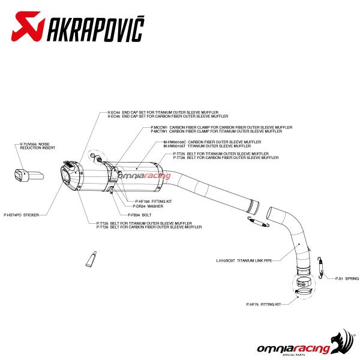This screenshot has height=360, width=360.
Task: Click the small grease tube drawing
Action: [x=91, y=259]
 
